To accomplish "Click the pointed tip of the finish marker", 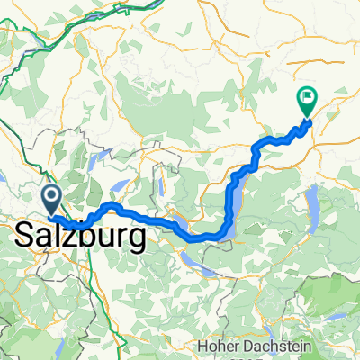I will [308, 118].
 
